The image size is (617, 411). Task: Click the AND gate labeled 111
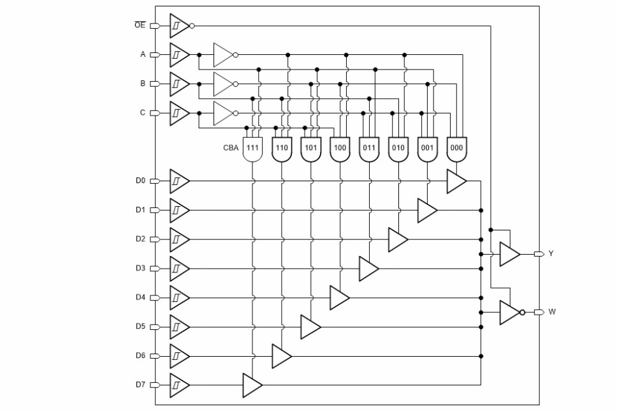tap(252, 148)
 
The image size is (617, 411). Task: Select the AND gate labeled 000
tap(456, 148)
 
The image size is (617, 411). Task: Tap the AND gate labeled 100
tap(340, 148)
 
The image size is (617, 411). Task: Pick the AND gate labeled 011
tap(369, 148)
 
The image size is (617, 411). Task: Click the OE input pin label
tap(140, 26)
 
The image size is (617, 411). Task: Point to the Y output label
tap(551, 254)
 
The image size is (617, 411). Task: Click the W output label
tap(551, 312)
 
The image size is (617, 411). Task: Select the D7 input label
tap(140, 385)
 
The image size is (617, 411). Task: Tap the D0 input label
tap(140, 181)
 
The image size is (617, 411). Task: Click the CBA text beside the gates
tap(231, 147)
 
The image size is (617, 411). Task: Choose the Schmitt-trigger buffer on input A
tap(178, 55)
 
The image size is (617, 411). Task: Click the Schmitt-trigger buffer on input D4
tap(178, 297)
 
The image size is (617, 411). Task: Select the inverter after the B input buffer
tap(223, 84)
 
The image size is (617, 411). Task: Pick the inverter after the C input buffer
tap(223, 113)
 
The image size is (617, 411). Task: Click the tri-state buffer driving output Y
tap(509, 254)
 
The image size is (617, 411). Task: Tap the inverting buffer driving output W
tap(509, 313)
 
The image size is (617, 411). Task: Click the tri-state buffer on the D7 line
tap(251, 385)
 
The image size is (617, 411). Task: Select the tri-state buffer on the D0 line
tap(455, 181)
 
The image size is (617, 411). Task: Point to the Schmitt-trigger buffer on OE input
tap(178, 26)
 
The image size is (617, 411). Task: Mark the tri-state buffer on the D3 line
tap(368, 269)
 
